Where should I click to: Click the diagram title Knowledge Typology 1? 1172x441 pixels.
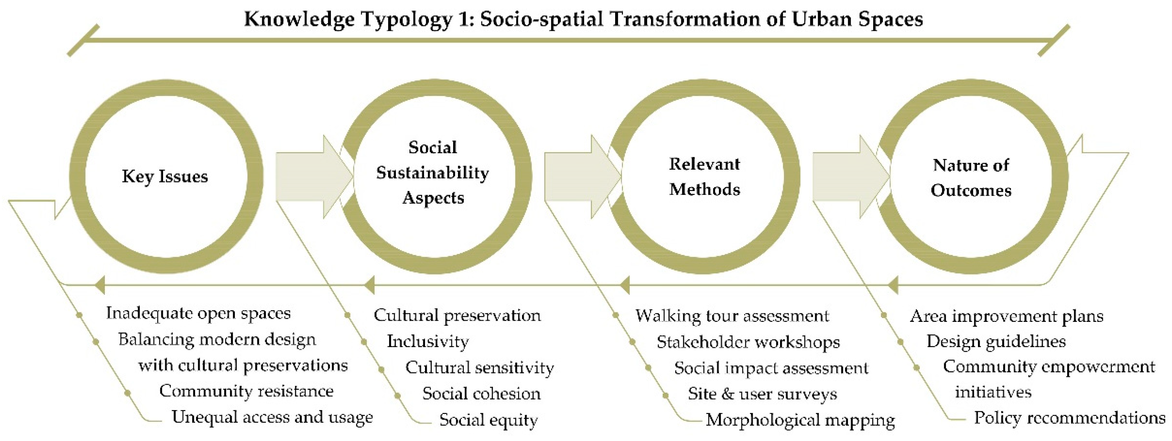pyautogui.click(x=583, y=19)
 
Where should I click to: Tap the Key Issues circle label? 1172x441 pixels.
pyautogui.click(x=165, y=176)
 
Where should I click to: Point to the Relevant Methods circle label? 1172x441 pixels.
pyautogui.click(x=704, y=177)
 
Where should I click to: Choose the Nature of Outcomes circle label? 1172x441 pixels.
pyautogui.click(x=971, y=177)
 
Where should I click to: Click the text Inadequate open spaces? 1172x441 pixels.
pyautogui.click(x=198, y=313)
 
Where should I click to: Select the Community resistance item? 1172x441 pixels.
pyautogui.click(x=246, y=391)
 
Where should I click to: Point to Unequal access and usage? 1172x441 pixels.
pyautogui.click(x=272, y=417)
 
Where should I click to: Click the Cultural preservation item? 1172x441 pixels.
pyautogui.click(x=457, y=315)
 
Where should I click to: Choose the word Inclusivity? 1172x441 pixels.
pyautogui.click(x=428, y=341)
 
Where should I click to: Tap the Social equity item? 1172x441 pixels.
pyautogui.click(x=488, y=420)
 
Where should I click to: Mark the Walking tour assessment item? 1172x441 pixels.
pyautogui.click(x=732, y=316)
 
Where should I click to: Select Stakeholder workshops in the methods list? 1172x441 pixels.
pyautogui.click(x=748, y=342)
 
